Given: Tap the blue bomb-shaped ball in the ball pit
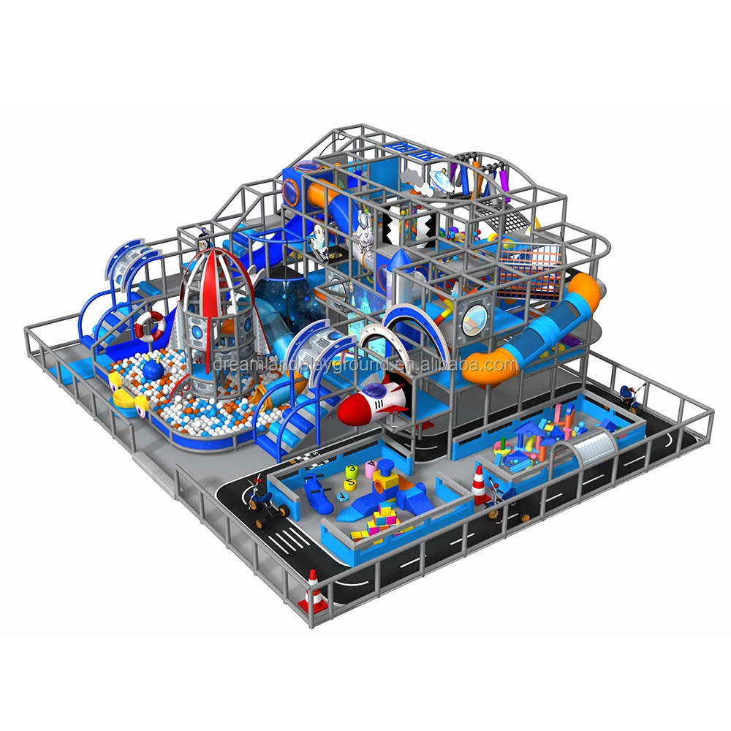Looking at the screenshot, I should point(152,370).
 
